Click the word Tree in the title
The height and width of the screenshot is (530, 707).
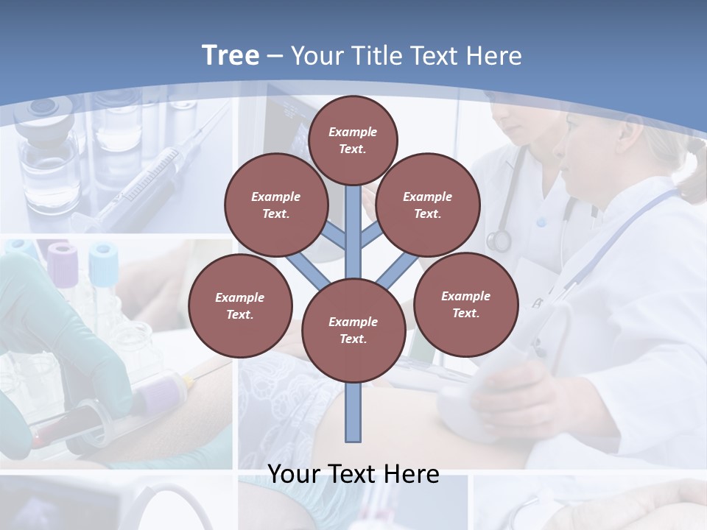231,55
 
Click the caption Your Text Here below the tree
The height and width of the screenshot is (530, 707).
353,473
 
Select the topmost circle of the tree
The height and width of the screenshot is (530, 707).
353,140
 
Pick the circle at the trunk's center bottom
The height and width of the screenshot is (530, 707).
353,331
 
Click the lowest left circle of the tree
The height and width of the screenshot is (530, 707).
240,306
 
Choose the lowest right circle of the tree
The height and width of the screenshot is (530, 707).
465,305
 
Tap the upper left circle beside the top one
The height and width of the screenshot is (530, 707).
276,205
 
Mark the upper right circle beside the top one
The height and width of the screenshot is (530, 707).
427,205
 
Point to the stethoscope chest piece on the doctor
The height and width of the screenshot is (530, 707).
499,240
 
